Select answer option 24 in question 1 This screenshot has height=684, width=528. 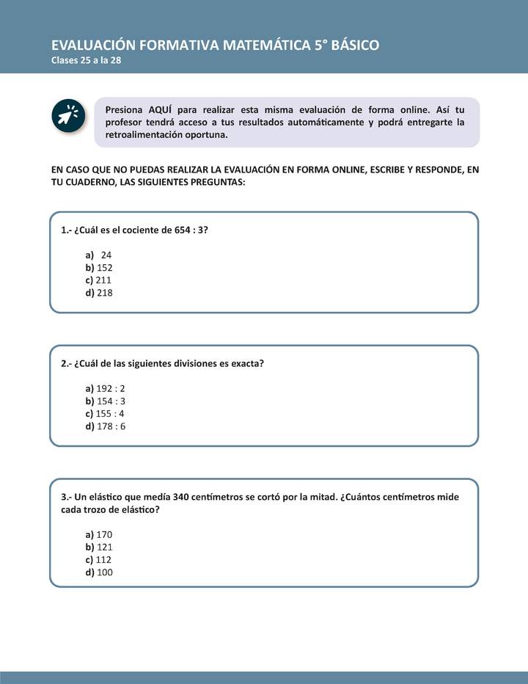click(x=106, y=255)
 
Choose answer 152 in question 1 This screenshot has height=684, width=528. click(x=104, y=267)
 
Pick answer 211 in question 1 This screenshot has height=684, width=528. click(x=104, y=280)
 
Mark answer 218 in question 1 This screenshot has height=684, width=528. click(x=104, y=292)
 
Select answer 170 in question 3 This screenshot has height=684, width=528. click(x=104, y=534)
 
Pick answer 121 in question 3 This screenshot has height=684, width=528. click(x=104, y=547)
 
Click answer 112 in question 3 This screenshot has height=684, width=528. click(x=104, y=559)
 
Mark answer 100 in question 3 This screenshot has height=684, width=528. click(x=104, y=572)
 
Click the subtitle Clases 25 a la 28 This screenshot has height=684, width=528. click(x=86, y=61)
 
